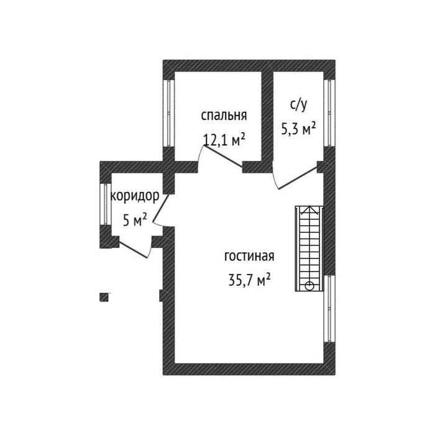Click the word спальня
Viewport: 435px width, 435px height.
[x=224, y=116]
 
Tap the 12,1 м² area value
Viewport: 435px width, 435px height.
[x=224, y=139]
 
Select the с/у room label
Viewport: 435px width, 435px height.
[x=298, y=105]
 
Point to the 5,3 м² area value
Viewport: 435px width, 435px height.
[x=298, y=128]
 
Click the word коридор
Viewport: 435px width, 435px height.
[x=135, y=196]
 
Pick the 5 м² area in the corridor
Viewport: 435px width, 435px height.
[x=135, y=219]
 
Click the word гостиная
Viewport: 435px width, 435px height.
[x=249, y=256]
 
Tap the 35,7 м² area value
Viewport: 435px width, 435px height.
[x=249, y=280]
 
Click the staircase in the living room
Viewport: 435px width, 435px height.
[x=309, y=249]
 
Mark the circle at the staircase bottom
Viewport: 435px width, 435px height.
[x=309, y=285]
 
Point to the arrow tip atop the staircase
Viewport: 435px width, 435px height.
[x=309, y=206]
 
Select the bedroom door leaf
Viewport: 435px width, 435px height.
[x=223, y=157]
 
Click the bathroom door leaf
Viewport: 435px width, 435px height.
[x=298, y=178]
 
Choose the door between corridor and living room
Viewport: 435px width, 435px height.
[x=161, y=207]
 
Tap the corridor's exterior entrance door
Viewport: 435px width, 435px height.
[x=132, y=250]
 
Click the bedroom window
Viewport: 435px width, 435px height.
[x=168, y=113]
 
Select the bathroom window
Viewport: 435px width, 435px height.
[x=329, y=113]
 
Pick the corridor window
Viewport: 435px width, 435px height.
[x=106, y=204]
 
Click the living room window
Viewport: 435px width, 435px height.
[x=329, y=308]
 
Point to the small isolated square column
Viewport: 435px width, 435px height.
[x=104, y=297]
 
